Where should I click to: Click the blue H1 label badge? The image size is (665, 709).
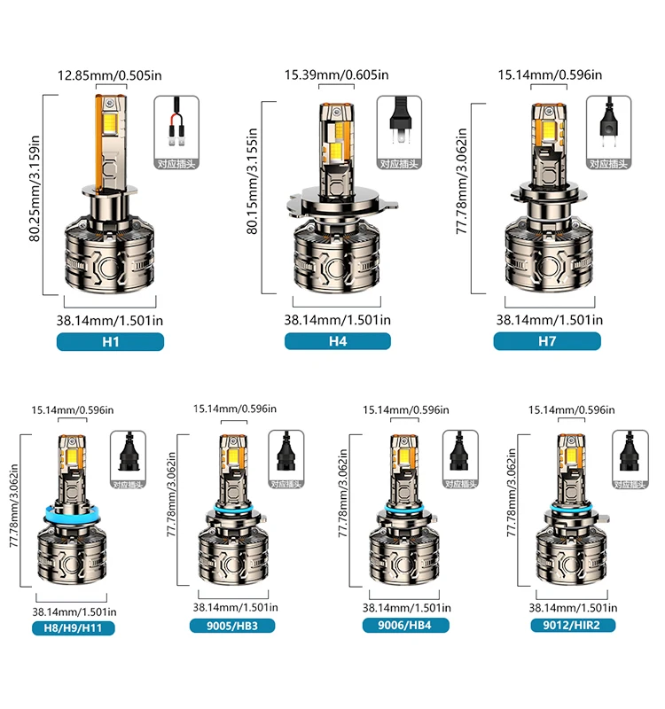(x=110, y=341)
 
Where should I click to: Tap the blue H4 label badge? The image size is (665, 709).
(x=337, y=341)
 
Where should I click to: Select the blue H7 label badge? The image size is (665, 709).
(x=547, y=341)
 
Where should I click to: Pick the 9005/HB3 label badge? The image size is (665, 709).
(x=231, y=625)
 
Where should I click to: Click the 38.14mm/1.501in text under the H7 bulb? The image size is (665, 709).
(x=547, y=320)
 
